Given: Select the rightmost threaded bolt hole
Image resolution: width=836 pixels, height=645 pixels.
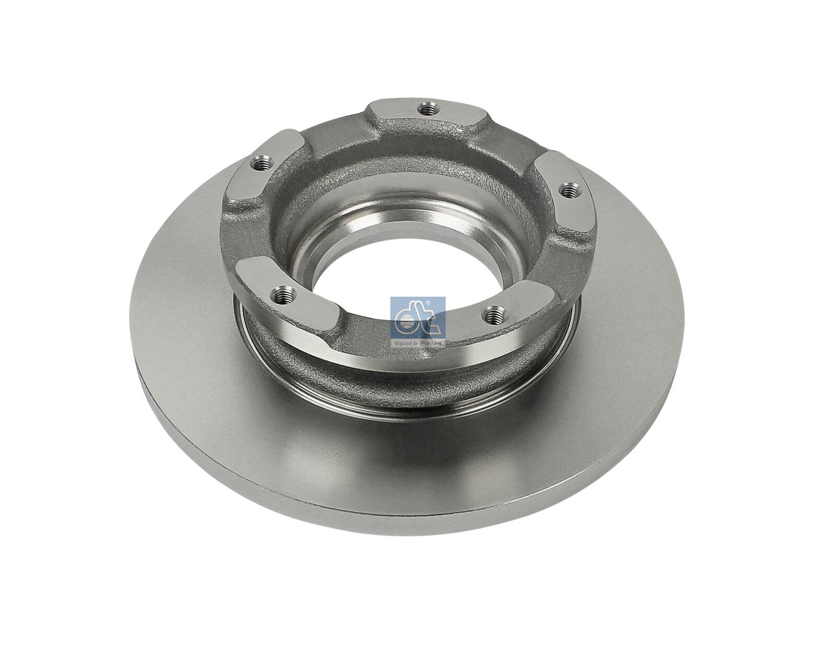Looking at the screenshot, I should [568, 192].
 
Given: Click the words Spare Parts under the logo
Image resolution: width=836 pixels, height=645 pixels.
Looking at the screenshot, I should [418, 344].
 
